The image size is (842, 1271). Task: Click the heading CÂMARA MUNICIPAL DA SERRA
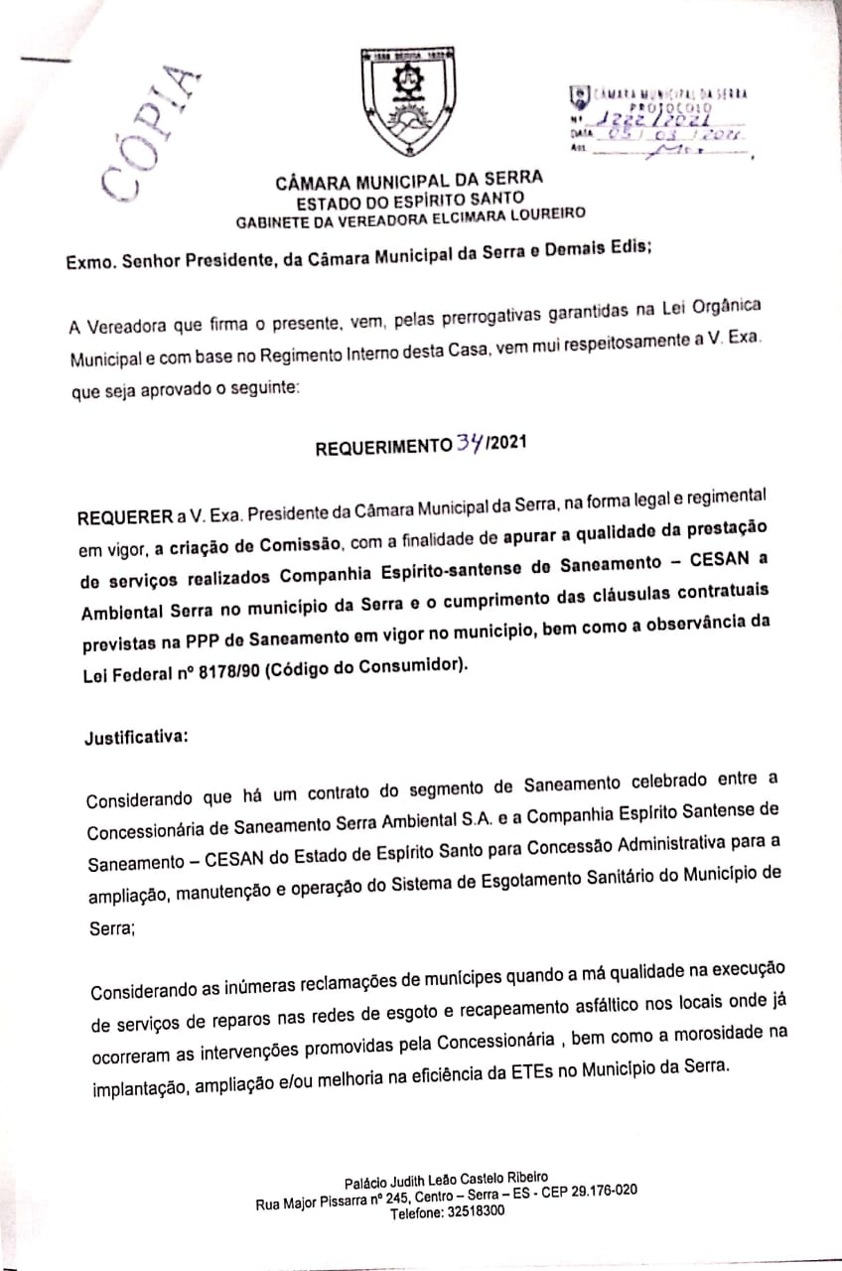(409, 180)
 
